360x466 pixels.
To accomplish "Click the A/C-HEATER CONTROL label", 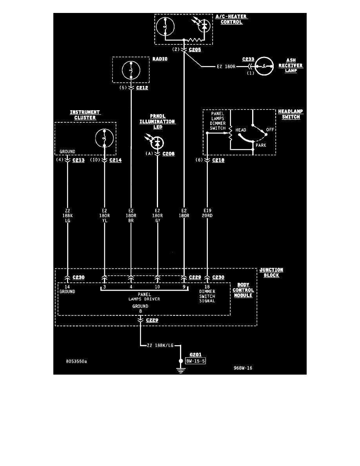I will (x=231, y=19).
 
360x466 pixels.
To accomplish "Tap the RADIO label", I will (x=160, y=59).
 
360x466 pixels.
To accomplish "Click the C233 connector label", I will (x=248, y=59).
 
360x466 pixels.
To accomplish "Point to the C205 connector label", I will (x=195, y=50).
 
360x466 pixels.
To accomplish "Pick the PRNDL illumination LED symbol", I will (x=157, y=142).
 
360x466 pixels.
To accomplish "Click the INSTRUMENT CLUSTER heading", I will (x=85, y=115).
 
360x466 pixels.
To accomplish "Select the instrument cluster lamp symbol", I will (x=105, y=138).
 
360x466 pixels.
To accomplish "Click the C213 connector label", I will (x=78, y=160).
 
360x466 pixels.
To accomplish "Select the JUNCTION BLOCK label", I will (x=271, y=273).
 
